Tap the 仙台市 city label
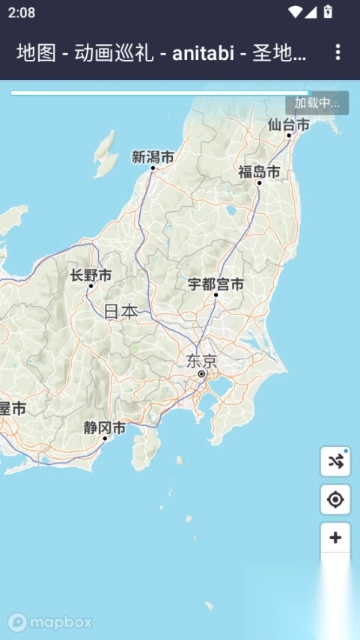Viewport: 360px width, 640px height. click(x=288, y=125)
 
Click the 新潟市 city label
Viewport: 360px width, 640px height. click(x=153, y=156)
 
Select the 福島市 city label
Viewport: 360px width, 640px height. click(x=259, y=172)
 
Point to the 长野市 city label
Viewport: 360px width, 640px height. click(x=91, y=275)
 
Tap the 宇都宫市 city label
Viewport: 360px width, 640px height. click(x=216, y=284)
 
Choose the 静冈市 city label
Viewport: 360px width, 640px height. click(x=105, y=428)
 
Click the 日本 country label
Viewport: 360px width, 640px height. click(x=120, y=311)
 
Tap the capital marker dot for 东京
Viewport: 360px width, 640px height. click(x=201, y=374)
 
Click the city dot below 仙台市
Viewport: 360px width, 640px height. click(x=289, y=135)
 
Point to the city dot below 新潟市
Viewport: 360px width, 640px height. click(x=153, y=168)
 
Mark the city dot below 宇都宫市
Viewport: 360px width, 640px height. click(x=216, y=295)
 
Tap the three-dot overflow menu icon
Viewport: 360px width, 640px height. click(x=338, y=52)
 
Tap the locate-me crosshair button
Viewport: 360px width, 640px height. click(x=335, y=499)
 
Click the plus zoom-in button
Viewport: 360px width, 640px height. click(x=335, y=537)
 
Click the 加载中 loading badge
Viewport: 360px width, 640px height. click(x=317, y=103)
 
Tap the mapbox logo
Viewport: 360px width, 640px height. click(x=50, y=621)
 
